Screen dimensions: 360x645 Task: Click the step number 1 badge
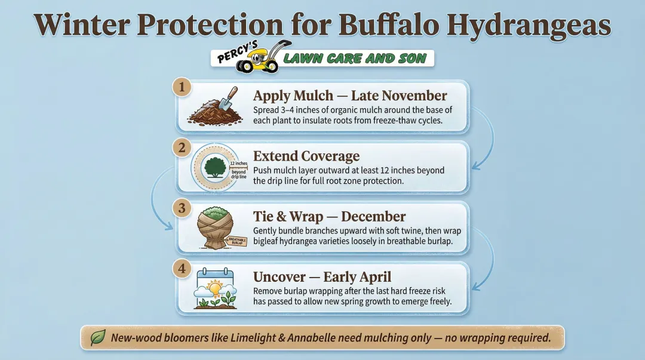pyautogui.click(x=182, y=87)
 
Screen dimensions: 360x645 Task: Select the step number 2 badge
pyautogui.click(x=182, y=147)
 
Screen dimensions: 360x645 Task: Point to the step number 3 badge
pyautogui.click(x=182, y=208)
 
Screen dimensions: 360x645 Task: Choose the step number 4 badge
pyautogui.click(x=182, y=268)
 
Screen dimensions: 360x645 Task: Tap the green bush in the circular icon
pyautogui.click(x=214, y=167)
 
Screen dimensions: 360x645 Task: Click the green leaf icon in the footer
pyautogui.click(x=97, y=338)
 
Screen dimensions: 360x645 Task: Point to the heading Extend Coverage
pyautogui.click(x=306, y=156)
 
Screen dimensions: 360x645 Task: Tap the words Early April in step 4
pyautogui.click(x=357, y=277)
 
